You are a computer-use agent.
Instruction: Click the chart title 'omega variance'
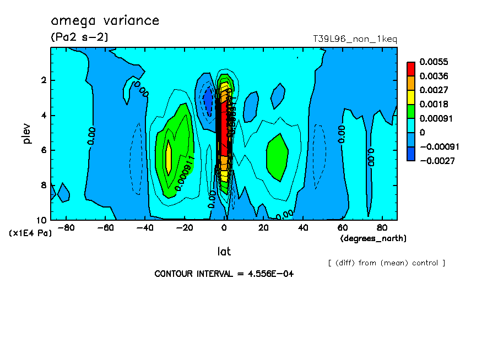[x=105, y=21]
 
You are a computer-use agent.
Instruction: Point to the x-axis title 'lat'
[x=224, y=252]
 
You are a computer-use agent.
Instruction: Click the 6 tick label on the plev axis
[x=43, y=150]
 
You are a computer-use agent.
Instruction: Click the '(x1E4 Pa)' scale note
[x=30, y=233]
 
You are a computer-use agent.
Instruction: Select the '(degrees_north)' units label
[x=373, y=238]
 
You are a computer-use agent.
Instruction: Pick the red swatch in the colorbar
[x=411, y=68]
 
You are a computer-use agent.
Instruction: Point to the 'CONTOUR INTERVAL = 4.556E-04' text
[x=224, y=274]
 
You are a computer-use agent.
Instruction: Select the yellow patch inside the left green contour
[x=169, y=158]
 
